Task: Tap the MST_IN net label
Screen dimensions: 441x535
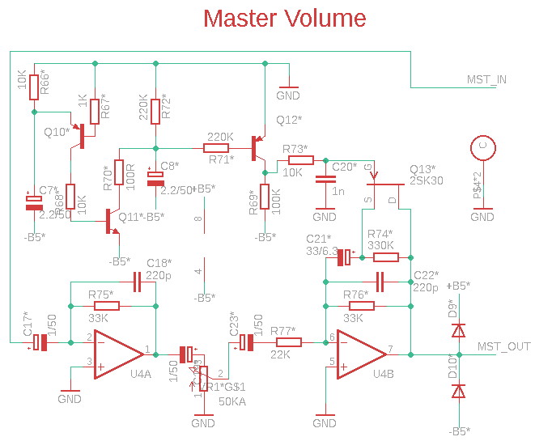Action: (x=487, y=78)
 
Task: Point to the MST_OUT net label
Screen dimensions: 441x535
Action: (x=504, y=347)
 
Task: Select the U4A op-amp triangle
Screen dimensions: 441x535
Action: (x=118, y=354)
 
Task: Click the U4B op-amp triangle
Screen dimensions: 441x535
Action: (x=361, y=354)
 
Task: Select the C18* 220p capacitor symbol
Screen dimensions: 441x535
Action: (x=137, y=282)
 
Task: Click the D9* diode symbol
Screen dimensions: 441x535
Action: (x=459, y=330)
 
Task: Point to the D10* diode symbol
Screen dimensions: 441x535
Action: (x=459, y=392)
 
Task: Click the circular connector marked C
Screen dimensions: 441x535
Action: (x=482, y=147)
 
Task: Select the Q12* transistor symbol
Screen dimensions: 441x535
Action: (x=259, y=149)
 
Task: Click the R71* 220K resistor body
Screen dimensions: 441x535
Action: (x=219, y=148)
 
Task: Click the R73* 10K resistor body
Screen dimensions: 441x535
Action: (x=295, y=160)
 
